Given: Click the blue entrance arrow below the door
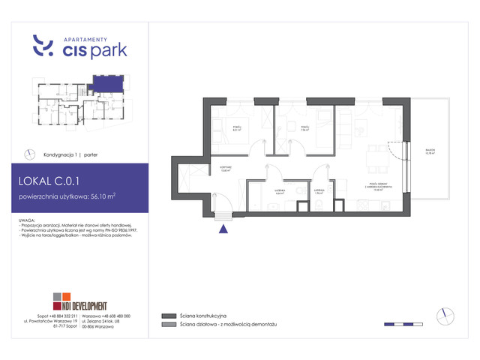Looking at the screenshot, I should (x=222, y=230).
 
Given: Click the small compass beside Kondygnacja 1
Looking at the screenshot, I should (x=29, y=154).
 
